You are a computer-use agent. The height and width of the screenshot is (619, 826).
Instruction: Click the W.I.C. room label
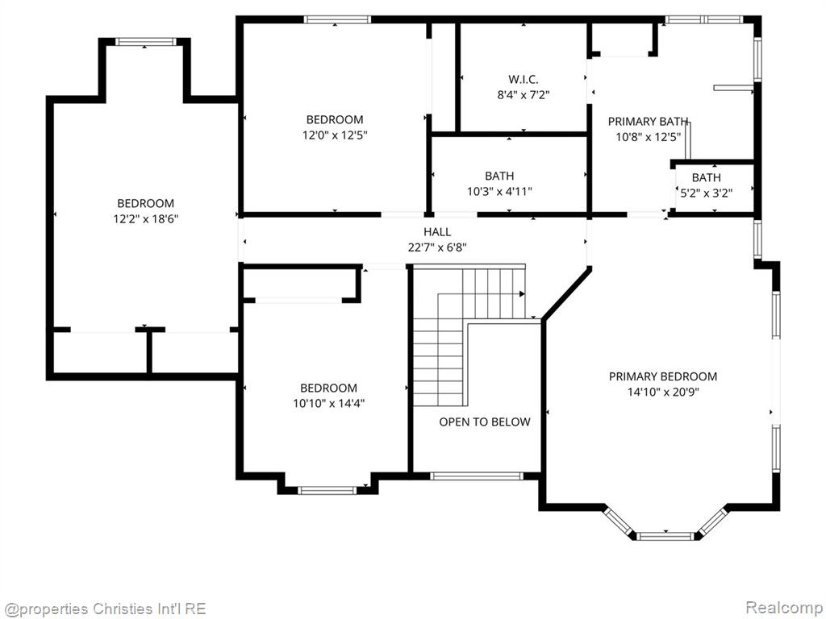click(x=523, y=80)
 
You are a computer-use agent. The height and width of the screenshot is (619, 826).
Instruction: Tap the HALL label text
click(x=437, y=231)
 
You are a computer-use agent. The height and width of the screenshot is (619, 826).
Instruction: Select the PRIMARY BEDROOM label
click(x=663, y=376)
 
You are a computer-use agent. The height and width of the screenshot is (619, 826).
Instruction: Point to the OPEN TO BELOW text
click(x=485, y=422)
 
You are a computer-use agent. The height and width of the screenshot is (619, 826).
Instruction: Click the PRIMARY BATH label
click(x=648, y=122)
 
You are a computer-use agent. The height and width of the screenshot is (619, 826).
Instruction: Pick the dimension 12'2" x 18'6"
click(x=146, y=218)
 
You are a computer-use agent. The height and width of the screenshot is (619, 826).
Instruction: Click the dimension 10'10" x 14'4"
click(x=329, y=403)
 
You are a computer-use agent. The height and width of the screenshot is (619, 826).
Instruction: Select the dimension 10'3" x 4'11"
click(x=499, y=191)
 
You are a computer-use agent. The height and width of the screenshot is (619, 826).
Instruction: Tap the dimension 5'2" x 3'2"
click(x=706, y=193)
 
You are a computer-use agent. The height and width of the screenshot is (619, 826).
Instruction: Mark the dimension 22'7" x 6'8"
click(x=437, y=247)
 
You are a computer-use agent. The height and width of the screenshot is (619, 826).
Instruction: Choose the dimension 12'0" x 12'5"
click(x=335, y=135)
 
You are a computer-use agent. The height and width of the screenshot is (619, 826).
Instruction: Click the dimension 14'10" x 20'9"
click(x=663, y=392)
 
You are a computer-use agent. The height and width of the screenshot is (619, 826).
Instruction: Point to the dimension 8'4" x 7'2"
click(x=523, y=95)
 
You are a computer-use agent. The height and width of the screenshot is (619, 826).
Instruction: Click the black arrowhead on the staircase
click(x=522, y=293)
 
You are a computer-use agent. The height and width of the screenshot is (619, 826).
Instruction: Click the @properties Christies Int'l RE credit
click(x=104, y=609)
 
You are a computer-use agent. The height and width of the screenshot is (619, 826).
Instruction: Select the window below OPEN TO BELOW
click(x=477, y=476)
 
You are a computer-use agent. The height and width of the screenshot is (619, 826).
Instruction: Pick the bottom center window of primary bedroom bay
click(x=665, y=536)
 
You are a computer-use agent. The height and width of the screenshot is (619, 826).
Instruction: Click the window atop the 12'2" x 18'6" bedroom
click(x=145, y=42)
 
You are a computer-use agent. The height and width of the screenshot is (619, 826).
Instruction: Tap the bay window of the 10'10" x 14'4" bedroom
click(x=327, y=491)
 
